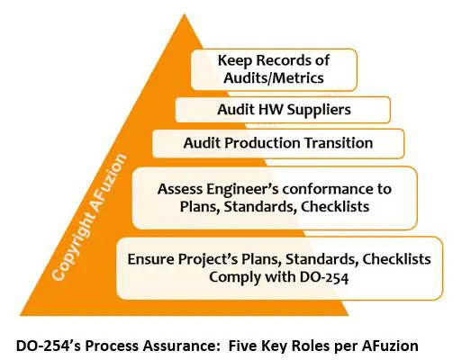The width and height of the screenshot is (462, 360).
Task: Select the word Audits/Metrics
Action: click(x=274, y=78)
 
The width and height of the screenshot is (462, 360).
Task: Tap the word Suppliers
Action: click(x=319, y=110)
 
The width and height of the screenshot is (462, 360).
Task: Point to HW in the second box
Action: click(x=271, y=109)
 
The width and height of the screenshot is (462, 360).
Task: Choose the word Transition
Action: click(x=339, y=143)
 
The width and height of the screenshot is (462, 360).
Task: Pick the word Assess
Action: click(x=179, y=189)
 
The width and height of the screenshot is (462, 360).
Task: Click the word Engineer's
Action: click(x=242, y=190)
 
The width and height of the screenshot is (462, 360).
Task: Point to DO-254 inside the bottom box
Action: click(x=324, y=277)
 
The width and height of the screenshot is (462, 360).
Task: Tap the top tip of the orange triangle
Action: click(x=184, y=13)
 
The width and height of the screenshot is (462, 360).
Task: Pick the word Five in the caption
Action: click(x=242, y=346)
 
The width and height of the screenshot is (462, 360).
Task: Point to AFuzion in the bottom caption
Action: click(x=390, y=346)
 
